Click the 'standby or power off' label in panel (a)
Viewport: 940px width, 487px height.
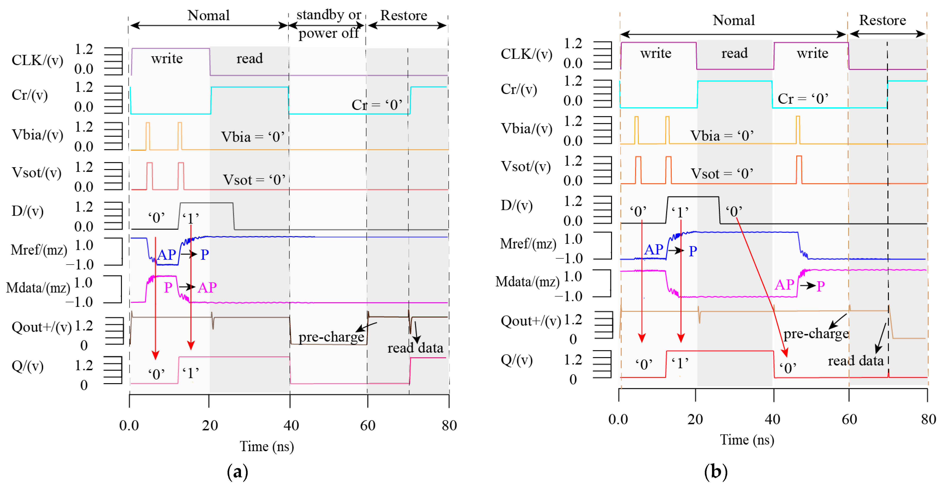[328, 24]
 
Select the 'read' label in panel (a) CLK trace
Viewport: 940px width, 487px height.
[249, 58]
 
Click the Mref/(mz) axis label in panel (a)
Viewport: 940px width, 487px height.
[39, 250]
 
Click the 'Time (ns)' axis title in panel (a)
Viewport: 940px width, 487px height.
[266, 447]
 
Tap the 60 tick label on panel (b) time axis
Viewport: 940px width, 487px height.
[849, 419]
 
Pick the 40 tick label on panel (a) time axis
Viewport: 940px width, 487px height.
[291, 425]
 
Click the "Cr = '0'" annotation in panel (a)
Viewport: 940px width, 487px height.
[377, 105]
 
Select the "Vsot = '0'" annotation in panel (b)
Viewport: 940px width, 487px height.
[721, 173]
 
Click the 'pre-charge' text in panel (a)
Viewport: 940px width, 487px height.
[331, 337]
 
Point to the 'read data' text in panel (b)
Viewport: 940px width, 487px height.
[855, 361]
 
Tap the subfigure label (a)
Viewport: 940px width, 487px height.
[237, 472]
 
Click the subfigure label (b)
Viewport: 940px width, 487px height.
[715, 472]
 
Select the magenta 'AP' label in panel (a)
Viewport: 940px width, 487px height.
[207, 288]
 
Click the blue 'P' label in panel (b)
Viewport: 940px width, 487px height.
[693, 251]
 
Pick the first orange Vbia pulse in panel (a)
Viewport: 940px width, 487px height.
[147, 136]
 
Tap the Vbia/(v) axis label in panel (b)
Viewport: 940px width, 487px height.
[526, 129]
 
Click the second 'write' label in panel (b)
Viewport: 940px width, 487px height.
[812, 53]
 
